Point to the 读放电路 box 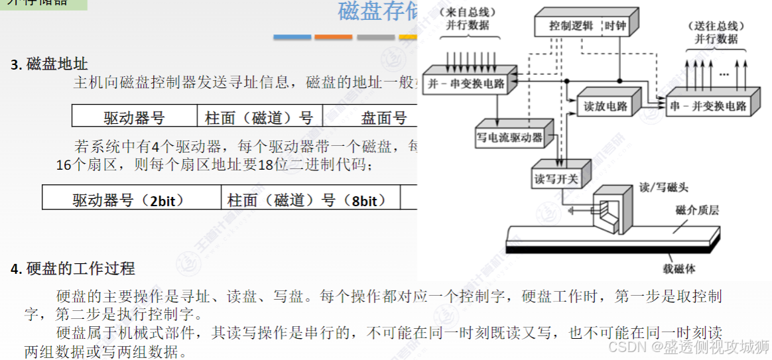click(606, 106)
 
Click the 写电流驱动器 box click(509, 137)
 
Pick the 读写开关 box click(556, 179)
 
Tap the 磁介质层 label click(697, 211)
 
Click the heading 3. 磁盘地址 click(50, 64)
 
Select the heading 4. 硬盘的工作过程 click(73, 269)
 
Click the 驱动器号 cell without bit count click(134, 118)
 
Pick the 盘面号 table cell click(383, 118)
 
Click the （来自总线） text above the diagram click(470, 12)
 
